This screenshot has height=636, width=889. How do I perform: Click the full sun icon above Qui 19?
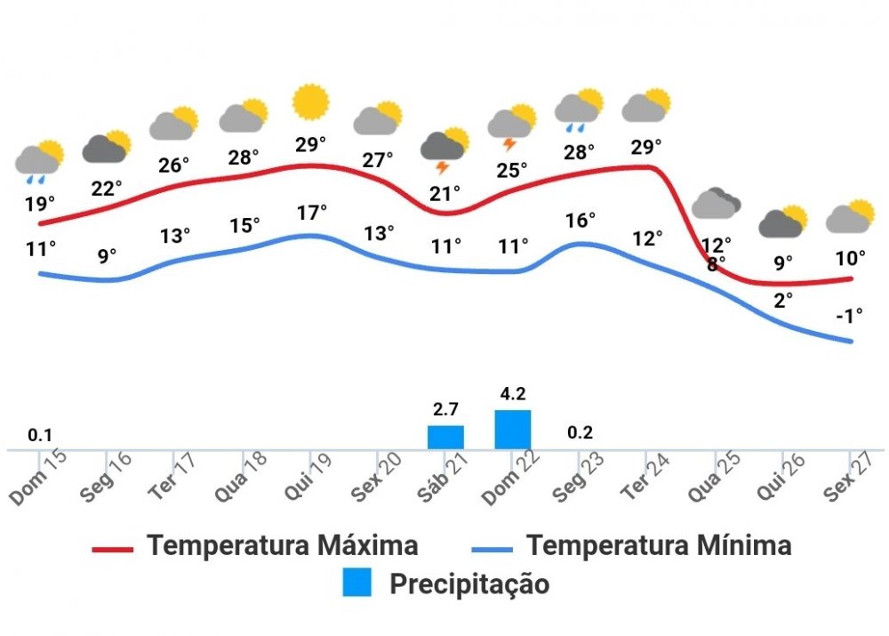click(x=311, y=102)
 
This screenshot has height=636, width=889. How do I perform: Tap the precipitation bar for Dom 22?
click(x=513, y=430)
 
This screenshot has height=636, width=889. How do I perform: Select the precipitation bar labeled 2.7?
click(x=445, y=437)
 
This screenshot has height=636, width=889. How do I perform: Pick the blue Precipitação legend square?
click(x=357, y=583)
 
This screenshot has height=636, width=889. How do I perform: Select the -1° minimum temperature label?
click(x=849, y=315)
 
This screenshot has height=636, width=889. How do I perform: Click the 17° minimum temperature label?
click(x=312, y=213)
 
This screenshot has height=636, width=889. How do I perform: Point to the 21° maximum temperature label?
click(x=444, y=192)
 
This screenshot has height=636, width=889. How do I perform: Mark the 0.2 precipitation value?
click(x=580, y=433)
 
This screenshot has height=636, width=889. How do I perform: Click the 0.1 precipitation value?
click(x=40, y=435)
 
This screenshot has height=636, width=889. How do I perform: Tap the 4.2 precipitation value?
click(x=513, y=393)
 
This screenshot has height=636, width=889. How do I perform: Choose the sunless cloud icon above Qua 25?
click(x=716, y=204)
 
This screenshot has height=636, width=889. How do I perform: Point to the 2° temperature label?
click(x=783, y=300)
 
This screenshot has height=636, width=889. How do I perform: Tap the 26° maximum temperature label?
click(x=175, y=165)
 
